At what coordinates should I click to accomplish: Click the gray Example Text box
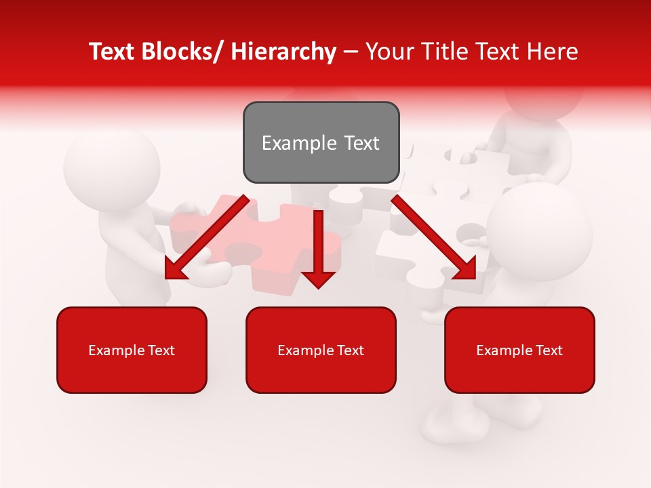pos(321,142)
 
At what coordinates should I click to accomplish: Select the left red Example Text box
pos(132,350)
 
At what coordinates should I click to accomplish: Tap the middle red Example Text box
pos(321,350)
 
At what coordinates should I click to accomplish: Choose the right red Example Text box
pos(519,350)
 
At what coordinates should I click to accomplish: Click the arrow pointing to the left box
pos(207,237)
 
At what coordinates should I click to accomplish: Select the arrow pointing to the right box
pos(434,237)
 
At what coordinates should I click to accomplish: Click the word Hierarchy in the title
pos(283,52)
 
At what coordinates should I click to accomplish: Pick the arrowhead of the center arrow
pos(318,278)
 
